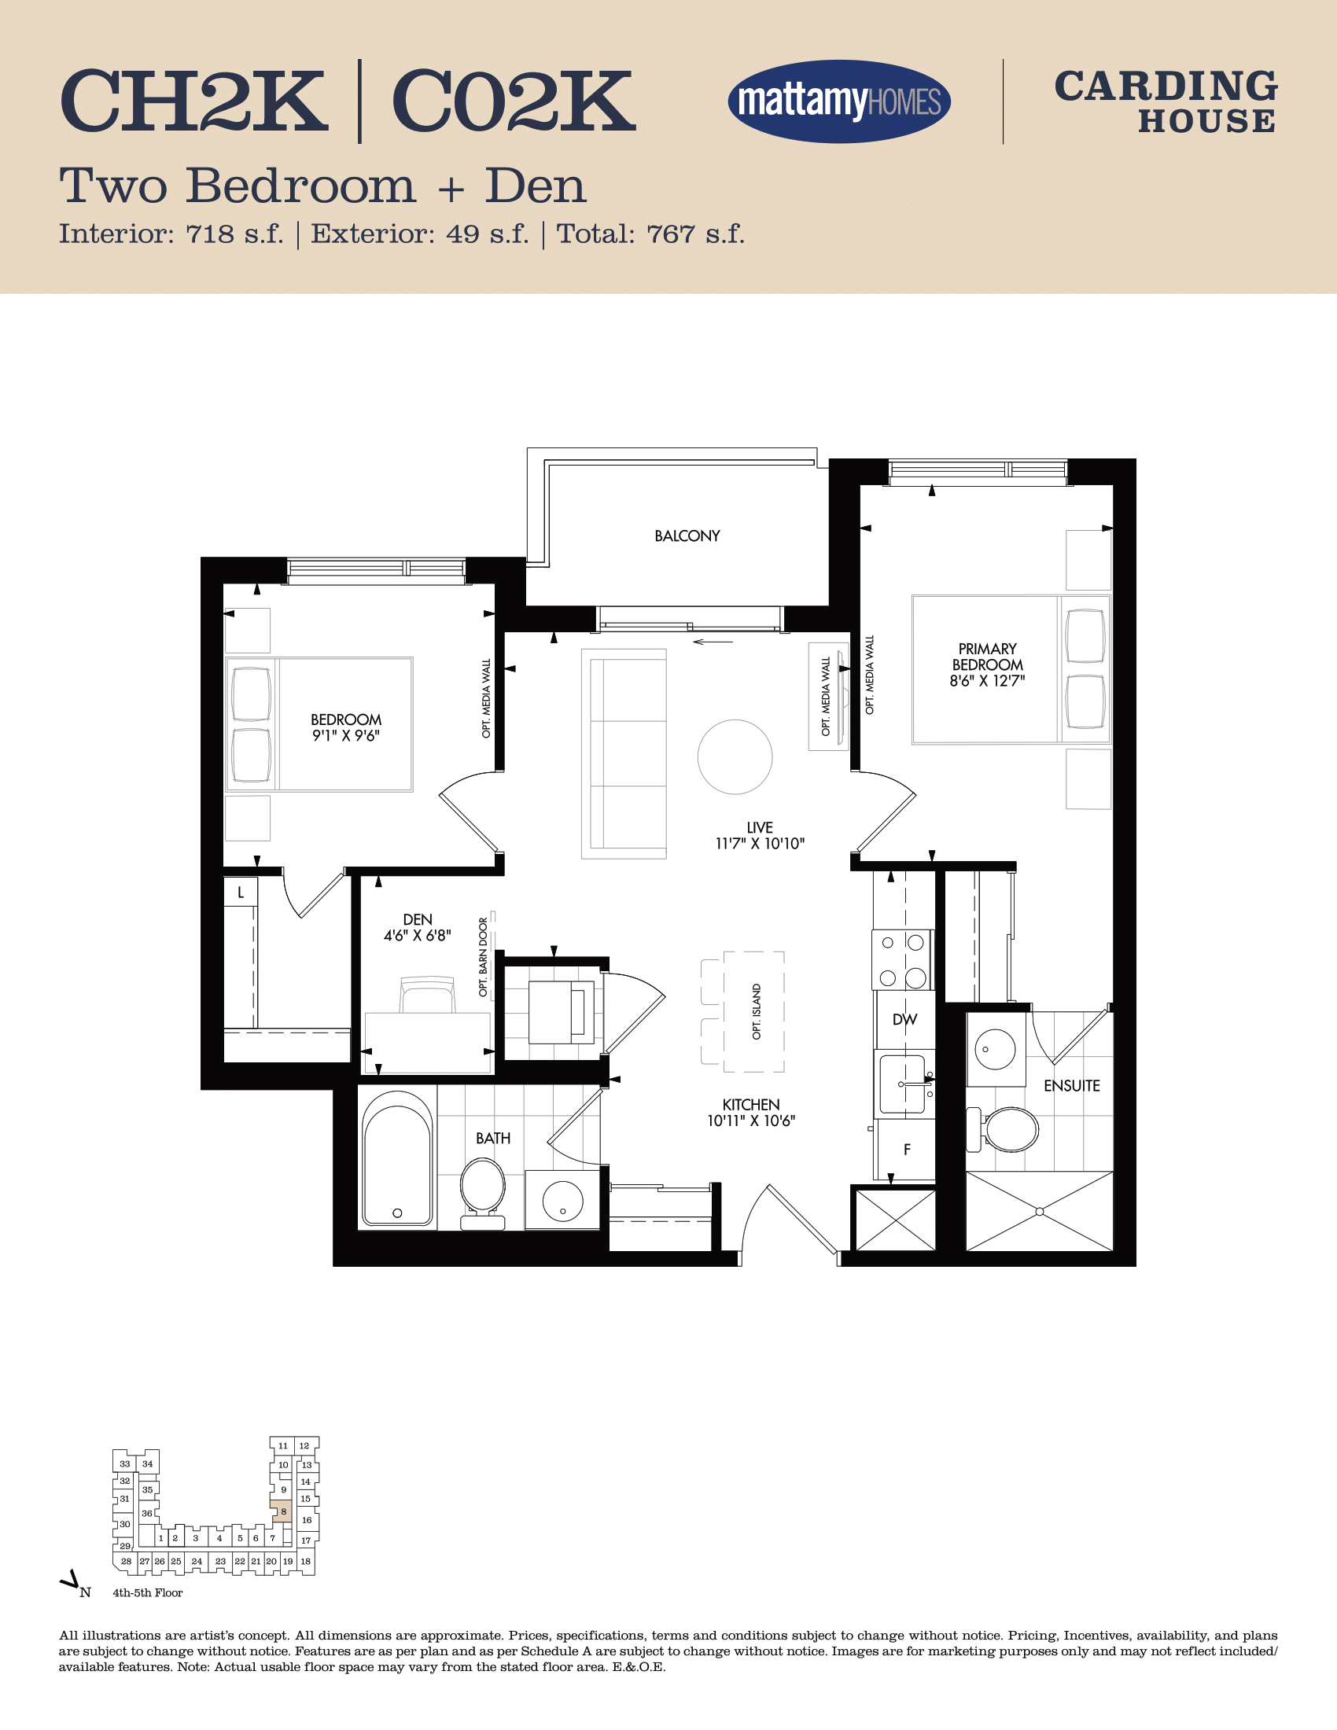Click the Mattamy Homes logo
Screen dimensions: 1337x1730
pos(839,101)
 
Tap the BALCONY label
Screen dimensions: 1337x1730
pos(687,536)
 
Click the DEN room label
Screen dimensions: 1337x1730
pos(418,920)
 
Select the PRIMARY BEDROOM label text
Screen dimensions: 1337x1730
pos(988,657)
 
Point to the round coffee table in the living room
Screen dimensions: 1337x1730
pos(735,756)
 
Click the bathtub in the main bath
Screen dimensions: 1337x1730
pos(397,1158)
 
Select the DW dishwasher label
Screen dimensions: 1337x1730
pos(904,1020)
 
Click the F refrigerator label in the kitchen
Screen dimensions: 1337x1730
pos(907,1150)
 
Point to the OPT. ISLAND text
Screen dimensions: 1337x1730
pos(757,1011)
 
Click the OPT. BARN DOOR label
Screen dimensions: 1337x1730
pos(483,957)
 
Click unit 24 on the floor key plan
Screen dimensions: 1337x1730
pos(197,1561)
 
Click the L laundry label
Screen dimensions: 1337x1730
pos(241,893)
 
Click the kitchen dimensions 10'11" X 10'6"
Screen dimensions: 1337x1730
pos(751,1121)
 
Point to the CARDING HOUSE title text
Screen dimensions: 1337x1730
pos(1166,102)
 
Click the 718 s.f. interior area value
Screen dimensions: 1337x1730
pos(234,234)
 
